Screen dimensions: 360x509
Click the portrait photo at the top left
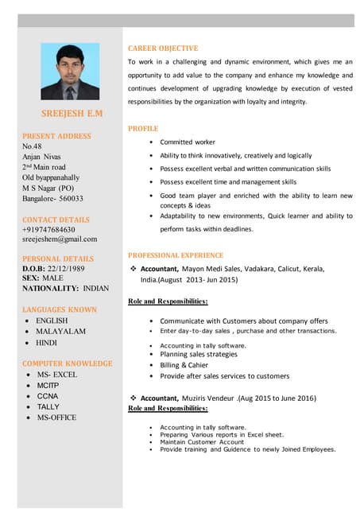[70, 72]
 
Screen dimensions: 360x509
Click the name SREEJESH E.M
[72, 114]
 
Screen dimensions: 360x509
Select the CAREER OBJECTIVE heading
[163, 49]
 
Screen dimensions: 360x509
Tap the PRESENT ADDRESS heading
[56, 136]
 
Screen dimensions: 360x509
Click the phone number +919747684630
[48, 229]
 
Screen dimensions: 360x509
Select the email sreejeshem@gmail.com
[60, 239]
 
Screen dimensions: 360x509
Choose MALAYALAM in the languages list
[60, 331]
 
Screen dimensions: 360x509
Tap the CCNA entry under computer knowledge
[48, 395]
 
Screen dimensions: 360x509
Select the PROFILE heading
[143, 128]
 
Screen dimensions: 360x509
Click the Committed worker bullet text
[188, 142]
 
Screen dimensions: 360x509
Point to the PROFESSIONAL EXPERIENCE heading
[176, 255]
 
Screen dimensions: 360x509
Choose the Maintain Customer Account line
[202, 441]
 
